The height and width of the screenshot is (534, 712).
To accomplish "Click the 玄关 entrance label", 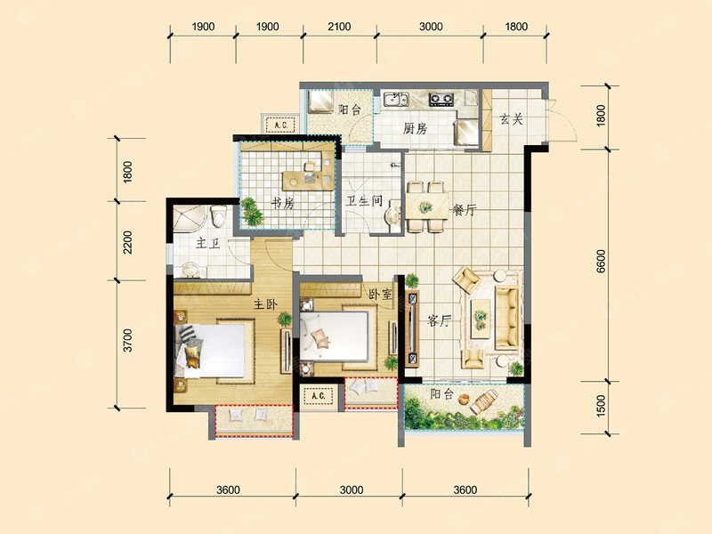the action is click(x=511, y=120).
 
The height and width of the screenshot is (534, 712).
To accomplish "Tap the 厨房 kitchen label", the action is click(x=415, y=129).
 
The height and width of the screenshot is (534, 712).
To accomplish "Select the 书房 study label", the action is click(x=282, y=203).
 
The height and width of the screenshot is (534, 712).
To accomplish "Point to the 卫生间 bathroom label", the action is click(x=364, y=201).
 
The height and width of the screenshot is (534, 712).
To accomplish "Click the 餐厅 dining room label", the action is click(x=464, y=210).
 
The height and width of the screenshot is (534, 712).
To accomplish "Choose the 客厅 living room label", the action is click(x=439, y=321).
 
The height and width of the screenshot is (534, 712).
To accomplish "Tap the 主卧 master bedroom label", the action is click(x=265, y=303).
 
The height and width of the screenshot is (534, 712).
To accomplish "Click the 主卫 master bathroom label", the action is click(x=208, y=244).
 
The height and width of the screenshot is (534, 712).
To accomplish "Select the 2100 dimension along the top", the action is click(x=339, y=27).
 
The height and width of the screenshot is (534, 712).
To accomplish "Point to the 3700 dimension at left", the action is click(x=128, y=340).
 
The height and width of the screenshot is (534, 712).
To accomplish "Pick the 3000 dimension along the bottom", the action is click(x=352, y=490).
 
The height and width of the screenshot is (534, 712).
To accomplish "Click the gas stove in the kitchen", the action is click(x=441, y=99).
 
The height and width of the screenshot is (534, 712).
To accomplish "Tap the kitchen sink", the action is click(x=396, y=99).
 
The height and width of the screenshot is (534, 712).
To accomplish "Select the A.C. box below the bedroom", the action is click(x=319, y=396).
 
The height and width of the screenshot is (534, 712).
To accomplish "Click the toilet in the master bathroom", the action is click(x=219, y=216).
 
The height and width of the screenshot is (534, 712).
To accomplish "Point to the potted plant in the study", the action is click(x=252, y=211).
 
